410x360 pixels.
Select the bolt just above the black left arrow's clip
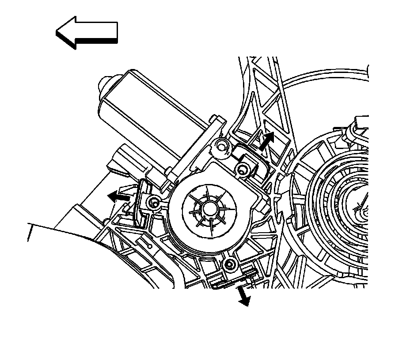[x=153, y=203]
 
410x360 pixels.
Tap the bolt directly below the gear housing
[x=229, y=265]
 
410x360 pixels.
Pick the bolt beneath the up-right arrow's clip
[x=243, y=169]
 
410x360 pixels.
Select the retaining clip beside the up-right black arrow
[x=250, y=155]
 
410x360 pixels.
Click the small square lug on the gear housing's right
[x=266, y=206]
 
